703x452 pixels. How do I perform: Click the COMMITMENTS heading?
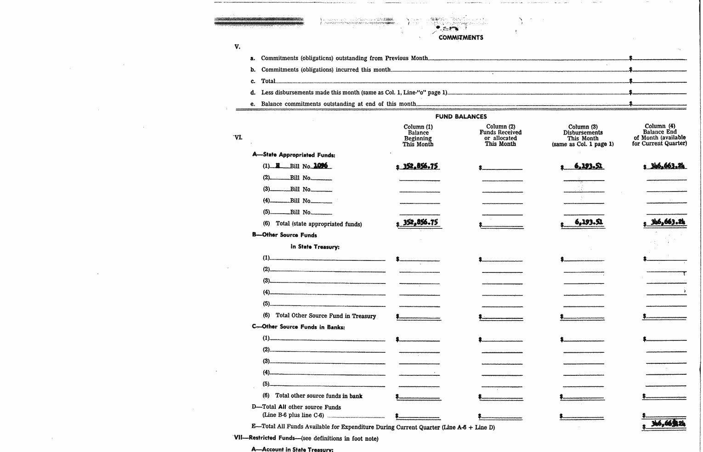pyautogui.click(x=460, y=38)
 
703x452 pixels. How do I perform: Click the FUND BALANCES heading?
pyautogui.click(x=461, y=117)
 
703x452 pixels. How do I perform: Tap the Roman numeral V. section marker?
pyautogui.click(x=237, y=46)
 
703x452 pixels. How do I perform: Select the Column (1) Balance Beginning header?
pyautogui.click(x=418, y=136)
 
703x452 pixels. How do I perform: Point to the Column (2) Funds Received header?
pyautogui.click(x=500, y=135)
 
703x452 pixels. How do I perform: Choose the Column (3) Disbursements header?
pyautogui.click(x=583, y=136)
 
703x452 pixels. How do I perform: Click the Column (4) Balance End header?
pyautogui.click(x=659, y=135)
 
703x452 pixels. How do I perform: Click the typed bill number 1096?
pyautogui.click(x=320, y=166)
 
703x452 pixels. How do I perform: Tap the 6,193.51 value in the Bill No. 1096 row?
pyautogui.click(x=589, y=166)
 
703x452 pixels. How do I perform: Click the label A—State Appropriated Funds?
pyautogui.click(x=294, y=155)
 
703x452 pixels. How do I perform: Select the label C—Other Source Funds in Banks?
pyautogui.click(x=298, y=327)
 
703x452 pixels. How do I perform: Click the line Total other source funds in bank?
pyautogui.click(x=318, y=395)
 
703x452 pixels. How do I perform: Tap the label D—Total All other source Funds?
pyautogui.click(x=296, y=407)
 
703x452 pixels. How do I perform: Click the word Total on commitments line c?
pyautogui.click(x=268, y=81)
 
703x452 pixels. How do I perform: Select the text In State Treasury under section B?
pyautogui.click(x=315, y=247)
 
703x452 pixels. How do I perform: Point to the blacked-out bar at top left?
pyautogui.click(x=259, y=21)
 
